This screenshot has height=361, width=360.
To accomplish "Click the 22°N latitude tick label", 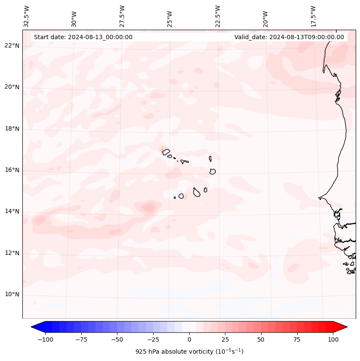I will [12, 46].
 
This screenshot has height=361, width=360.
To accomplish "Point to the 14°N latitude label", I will [12, 211].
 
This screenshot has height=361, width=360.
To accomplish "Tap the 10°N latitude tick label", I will [12, 294].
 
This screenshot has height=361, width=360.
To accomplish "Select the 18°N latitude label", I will [12, 129].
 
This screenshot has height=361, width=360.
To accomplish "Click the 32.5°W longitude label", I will [27, 16].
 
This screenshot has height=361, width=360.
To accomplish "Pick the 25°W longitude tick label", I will [170, 19].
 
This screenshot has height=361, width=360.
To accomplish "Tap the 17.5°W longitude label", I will [313, 16].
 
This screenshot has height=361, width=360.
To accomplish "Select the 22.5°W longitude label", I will [218, 16].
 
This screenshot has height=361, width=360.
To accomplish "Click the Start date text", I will [83, 37].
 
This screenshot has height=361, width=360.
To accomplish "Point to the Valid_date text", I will [289, 37].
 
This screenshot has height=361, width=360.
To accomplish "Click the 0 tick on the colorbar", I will [189, 339].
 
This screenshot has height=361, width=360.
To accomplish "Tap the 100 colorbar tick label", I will [333, 339].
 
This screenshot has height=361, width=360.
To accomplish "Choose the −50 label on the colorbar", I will [116, 339].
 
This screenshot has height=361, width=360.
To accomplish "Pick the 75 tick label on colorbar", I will [297, 339].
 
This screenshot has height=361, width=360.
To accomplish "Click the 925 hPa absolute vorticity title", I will [189, 352].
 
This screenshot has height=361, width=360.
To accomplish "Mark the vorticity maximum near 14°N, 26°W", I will [149, 208].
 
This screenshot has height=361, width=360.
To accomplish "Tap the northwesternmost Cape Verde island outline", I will [166, 151].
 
